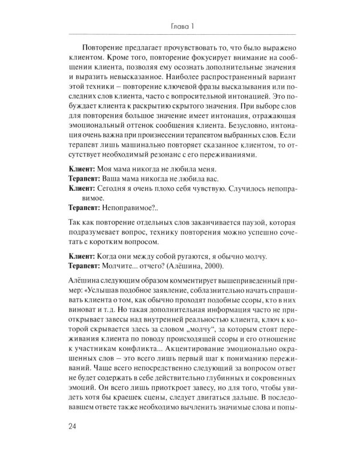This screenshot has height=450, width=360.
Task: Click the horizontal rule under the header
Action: click(x=180, y=34)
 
